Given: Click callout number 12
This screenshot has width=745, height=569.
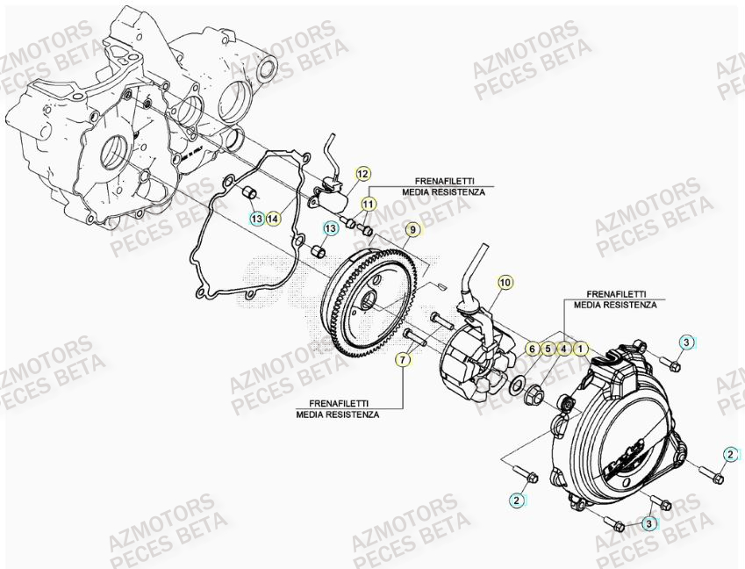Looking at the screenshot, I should [362, 173].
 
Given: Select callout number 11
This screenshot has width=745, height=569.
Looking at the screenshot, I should [368, 204].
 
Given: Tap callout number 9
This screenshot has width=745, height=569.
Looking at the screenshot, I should [412, 230].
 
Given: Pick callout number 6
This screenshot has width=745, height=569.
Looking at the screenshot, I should [532, 349].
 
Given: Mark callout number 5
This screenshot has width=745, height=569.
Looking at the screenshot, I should [548, 349].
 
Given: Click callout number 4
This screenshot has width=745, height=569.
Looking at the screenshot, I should [564, 349].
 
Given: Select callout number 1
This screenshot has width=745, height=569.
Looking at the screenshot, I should [580, 349].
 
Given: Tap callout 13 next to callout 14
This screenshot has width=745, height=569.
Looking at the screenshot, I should [255, 218].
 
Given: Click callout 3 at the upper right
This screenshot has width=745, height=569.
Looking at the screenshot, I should [687, 342].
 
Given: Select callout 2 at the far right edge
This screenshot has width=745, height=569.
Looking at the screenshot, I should [730, 453].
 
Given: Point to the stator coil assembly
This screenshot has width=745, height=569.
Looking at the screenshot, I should [474, 364].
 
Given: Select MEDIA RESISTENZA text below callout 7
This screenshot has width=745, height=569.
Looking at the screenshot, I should [338, 414].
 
